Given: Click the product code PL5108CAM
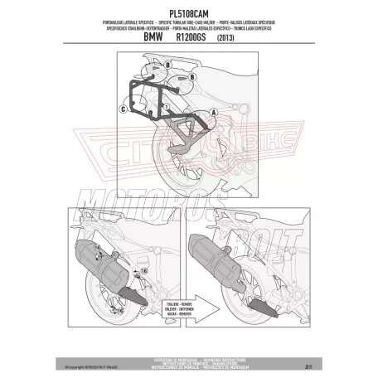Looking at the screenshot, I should pos(189,11).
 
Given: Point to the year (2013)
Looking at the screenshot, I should pos(226,39).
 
